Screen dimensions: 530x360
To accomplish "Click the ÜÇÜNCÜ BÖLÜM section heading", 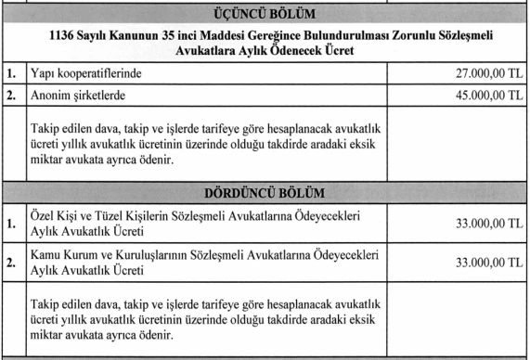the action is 265,16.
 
